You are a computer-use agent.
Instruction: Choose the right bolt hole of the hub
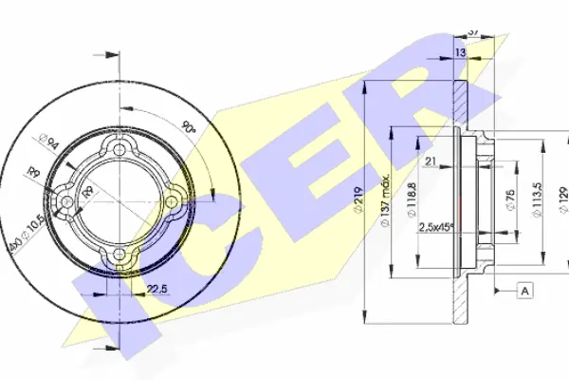173,201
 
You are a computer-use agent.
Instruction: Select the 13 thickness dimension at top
459,52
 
